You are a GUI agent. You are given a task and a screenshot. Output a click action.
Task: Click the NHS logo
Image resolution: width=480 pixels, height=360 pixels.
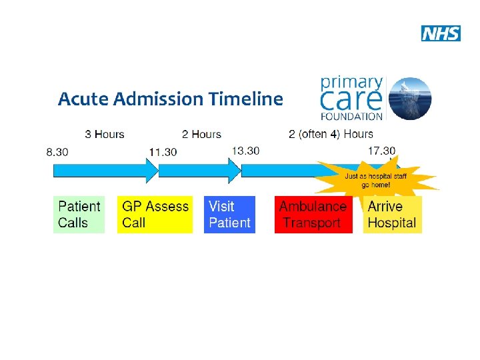point(441,33)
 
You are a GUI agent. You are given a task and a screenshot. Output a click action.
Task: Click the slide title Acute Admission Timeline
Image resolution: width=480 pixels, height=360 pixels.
point(170,99)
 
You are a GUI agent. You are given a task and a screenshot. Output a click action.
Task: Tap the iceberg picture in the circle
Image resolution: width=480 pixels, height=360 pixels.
point(410,98)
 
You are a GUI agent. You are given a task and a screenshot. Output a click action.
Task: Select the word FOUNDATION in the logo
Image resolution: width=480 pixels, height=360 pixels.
point(352,115)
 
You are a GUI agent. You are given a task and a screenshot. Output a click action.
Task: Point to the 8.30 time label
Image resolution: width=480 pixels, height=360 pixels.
point(57,152)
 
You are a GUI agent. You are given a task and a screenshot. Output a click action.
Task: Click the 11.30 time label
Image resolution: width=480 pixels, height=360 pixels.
point(163,152)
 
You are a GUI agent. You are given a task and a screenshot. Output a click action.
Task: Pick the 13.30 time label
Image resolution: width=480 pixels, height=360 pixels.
point(245,151)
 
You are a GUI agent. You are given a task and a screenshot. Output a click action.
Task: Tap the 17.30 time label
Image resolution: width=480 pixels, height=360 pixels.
point(381,151)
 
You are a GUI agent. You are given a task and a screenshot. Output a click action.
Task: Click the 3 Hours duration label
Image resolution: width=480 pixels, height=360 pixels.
point(105,134)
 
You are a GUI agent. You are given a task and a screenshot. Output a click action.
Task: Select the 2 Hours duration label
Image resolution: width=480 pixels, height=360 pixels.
point(201,134)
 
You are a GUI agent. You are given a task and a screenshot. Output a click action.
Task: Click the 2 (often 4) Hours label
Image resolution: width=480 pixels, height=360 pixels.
point(331,134)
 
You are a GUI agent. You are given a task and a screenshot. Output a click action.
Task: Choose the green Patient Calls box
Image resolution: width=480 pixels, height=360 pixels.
point(79,215)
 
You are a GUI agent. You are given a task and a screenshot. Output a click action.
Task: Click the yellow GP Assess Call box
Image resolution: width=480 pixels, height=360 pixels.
point(155,215)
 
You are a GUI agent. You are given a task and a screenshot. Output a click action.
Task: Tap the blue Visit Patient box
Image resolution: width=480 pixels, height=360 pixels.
point(229,215)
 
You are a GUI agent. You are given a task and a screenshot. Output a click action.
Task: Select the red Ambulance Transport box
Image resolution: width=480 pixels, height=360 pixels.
point(313,215)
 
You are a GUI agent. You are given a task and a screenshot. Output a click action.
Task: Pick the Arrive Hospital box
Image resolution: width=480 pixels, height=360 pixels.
point(392,215)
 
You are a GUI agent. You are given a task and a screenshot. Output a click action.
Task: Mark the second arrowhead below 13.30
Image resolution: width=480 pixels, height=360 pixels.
point(234,170)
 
